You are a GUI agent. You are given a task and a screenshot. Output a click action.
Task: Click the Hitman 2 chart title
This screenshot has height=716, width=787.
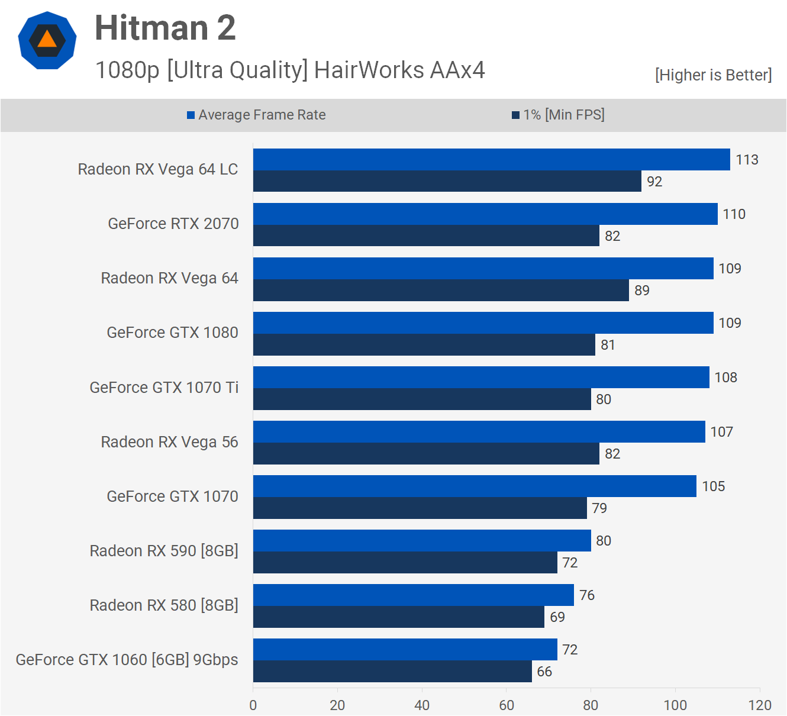pos(165,28)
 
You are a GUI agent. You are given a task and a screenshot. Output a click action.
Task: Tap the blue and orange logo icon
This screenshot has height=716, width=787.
pos(47,41)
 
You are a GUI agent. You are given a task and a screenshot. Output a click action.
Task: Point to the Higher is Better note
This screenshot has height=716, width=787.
pos(713,75)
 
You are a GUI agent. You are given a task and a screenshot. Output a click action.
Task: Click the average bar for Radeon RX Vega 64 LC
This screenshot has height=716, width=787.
pos(491,160)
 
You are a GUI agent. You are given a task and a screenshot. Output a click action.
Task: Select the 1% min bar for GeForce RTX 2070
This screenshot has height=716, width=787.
pos(426,236)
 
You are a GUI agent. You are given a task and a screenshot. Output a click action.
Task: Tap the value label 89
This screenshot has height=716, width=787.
pos(642,291)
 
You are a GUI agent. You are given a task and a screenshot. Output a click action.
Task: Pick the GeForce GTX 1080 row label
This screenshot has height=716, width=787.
pos(172,333)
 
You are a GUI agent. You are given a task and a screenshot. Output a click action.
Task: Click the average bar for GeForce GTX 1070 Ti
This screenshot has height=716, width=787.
pos(481,378)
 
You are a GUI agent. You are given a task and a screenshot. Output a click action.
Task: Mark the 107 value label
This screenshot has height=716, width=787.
pos(721,432)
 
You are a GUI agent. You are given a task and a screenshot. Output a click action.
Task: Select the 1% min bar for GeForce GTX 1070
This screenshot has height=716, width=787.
pos(420,508)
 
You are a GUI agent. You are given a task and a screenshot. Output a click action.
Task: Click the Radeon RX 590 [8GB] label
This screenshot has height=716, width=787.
pos(164,551)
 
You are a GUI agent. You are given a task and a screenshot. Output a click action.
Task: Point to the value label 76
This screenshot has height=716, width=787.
pos(587,595)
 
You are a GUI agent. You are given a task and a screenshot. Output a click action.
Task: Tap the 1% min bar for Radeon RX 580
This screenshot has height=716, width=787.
pos(399,617)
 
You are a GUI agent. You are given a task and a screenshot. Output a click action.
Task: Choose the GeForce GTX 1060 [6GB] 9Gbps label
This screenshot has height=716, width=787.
pos(127,660)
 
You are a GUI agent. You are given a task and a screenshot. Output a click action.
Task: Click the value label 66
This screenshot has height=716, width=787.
pos(544,672)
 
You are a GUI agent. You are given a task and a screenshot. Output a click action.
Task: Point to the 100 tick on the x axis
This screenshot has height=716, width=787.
pos(675,705)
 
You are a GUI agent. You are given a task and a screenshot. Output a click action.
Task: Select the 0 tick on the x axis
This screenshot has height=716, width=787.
pos(253,705)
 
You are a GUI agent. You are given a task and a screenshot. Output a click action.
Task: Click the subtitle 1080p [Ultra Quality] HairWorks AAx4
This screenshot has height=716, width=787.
pos(290,70)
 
